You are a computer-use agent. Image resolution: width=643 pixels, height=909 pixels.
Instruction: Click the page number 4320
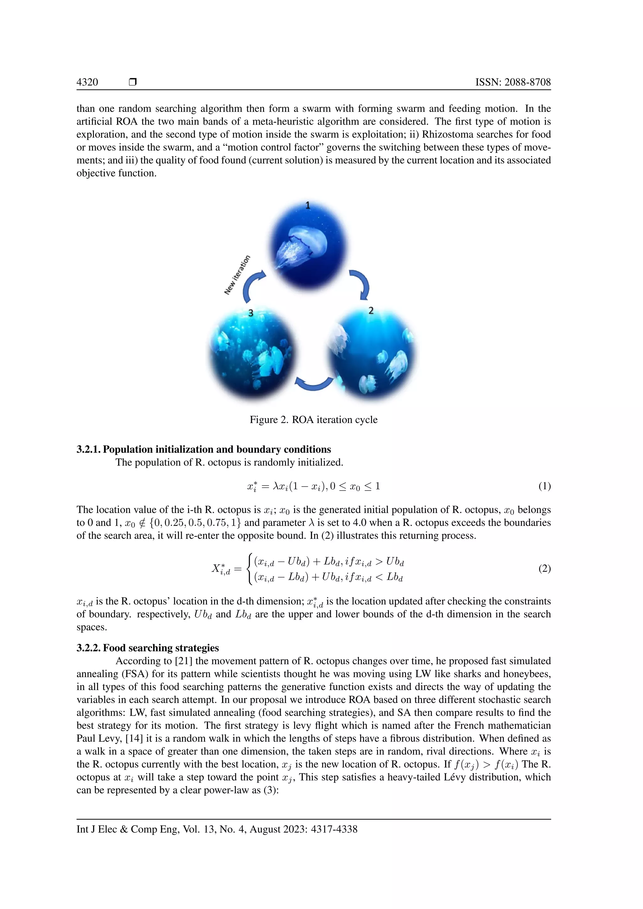click(87, 82)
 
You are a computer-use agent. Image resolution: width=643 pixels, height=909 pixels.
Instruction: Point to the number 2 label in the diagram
click(371, 310)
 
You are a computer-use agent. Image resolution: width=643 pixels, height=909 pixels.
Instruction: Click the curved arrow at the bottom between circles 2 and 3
click(314, 384)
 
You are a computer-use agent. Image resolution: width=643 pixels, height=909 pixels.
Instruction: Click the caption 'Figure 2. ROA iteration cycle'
click(313, 420)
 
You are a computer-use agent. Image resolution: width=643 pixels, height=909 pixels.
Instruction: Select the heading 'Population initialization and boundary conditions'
click(217, 449)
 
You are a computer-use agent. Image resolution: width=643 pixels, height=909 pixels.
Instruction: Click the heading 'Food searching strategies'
click(161, 648)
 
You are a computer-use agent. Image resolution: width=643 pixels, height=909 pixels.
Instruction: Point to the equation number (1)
click(544, 486)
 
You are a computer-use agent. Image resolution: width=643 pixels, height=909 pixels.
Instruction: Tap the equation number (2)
click(544, 569)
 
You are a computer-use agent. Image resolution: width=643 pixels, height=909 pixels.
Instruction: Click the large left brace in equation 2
click(249, 569)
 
